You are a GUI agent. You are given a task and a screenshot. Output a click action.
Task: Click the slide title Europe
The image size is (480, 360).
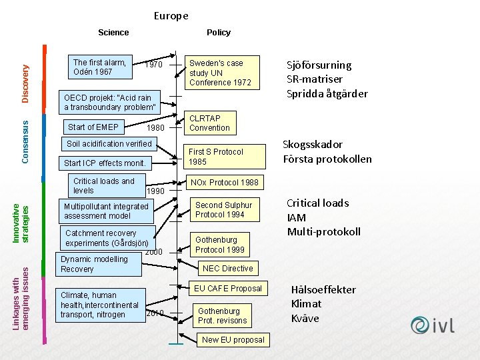point(171,15)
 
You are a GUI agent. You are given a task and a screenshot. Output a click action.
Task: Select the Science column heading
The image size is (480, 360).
point(113,33)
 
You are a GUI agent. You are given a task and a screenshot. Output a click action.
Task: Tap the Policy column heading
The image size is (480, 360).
point(219,33)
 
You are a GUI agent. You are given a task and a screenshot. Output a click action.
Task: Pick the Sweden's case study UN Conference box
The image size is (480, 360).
point(220,73)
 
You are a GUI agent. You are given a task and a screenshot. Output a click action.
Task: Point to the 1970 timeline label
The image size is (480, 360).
point(154,65)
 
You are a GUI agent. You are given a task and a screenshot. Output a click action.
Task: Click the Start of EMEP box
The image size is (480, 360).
point(94,127)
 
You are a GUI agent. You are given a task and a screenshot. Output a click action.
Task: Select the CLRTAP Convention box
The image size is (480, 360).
point(209,123)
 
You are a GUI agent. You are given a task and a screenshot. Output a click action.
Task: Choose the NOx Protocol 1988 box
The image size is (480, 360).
point(225,182)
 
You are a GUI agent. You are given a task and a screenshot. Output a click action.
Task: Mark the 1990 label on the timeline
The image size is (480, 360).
point(155,191)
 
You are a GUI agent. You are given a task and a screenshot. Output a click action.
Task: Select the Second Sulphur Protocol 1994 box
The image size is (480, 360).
point(224,210)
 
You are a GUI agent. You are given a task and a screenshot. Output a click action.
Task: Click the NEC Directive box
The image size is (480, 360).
point(227,269)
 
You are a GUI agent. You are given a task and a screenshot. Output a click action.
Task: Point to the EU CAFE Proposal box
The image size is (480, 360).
point(227,289)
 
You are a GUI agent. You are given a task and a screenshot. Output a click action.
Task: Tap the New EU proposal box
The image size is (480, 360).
point(233,339)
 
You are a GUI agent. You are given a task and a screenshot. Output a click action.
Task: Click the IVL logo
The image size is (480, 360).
point(433,325)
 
